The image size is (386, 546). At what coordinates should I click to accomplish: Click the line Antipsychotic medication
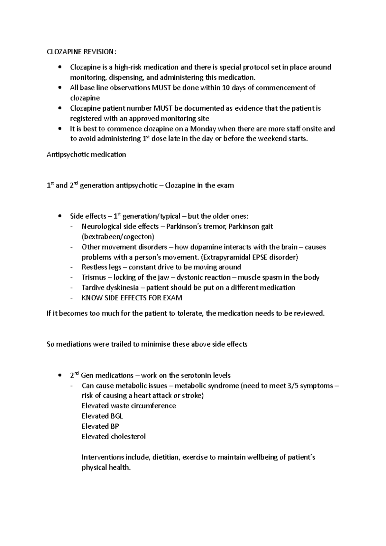point(86,155)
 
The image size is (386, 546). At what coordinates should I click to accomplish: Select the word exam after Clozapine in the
point(225,186)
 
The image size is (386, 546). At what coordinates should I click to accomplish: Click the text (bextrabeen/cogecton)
point(118,237)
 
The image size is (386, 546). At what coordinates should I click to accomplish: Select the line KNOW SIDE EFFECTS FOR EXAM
point(132,298)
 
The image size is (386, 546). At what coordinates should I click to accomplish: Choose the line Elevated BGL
point(102,416)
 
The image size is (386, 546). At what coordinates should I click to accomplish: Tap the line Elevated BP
point(100,426)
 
